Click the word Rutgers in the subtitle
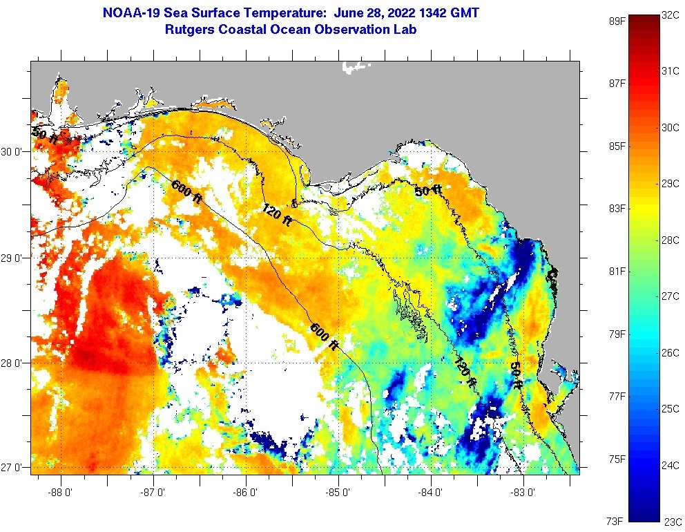point(189,30)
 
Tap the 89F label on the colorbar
point(616,21)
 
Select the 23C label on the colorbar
point(673,522)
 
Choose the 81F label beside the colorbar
point(616,271)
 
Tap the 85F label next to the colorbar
point(616,146)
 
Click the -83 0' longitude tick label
point(523,493)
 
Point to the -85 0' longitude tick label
point(338,493)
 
